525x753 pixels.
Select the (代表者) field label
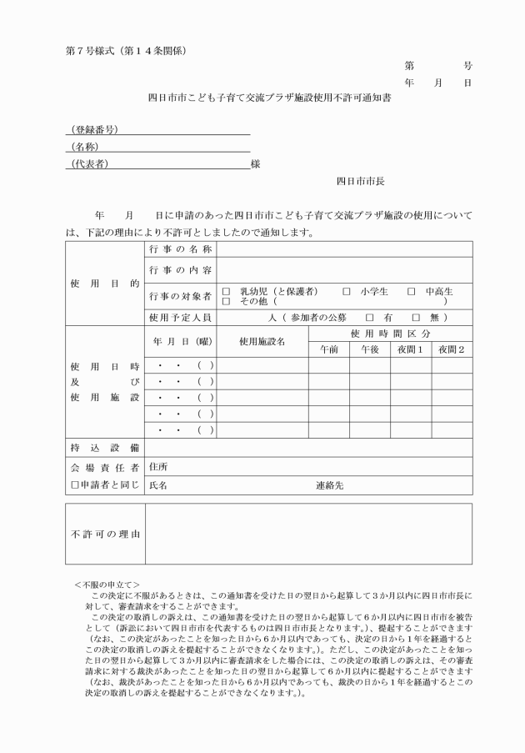tap(90, 163)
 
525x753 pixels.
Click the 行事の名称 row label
tap(181, 249)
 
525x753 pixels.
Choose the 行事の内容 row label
tap(181, 270)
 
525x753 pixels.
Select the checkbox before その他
tap(225, 301)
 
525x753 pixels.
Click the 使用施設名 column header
tap(262, 341)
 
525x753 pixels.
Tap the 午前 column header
tap(328, 349)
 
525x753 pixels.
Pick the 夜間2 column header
tap(451, 349)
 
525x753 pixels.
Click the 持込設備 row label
tap(104, 448)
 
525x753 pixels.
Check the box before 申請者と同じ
tap(74, 484)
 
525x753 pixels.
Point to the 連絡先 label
tap(330, 484)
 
